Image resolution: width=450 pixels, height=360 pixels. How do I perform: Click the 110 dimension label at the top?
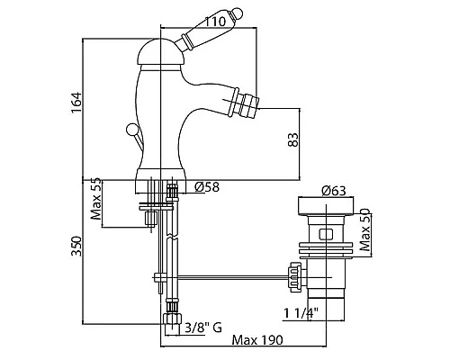[215, 22]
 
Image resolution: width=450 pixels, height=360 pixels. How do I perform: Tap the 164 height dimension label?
[76, 103]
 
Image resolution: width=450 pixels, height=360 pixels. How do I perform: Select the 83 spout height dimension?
[293, 139]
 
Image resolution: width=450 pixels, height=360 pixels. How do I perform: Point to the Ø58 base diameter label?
[207, 187]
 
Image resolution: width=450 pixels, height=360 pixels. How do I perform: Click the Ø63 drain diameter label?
[334, 191]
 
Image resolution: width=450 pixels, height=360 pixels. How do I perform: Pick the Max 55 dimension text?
[96, 199]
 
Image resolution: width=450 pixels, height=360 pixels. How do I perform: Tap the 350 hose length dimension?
[76, 246]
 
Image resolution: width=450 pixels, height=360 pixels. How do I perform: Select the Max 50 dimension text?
[365, 229]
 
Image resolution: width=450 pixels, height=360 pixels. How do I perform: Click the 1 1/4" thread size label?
[301, 313]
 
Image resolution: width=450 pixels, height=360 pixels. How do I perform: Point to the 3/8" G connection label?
[203, 328]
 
